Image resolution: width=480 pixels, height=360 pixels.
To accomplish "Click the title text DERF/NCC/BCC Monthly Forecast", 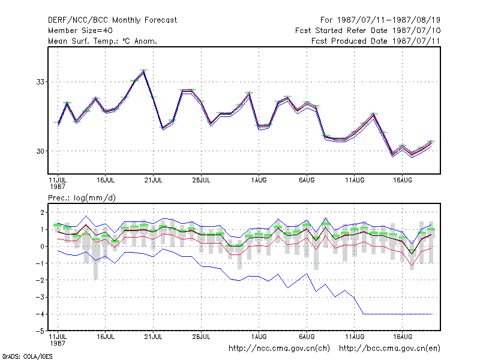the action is click(112, 20).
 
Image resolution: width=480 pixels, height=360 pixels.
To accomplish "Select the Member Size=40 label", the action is click(80, 31).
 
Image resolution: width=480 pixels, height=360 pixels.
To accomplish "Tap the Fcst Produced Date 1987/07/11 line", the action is click(376, 41).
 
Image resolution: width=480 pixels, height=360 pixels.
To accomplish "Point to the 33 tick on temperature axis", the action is click(40, 82).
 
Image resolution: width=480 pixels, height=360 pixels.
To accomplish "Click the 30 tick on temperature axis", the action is click(40, 151).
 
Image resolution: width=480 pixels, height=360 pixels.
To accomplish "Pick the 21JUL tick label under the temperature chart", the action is click(153, 181).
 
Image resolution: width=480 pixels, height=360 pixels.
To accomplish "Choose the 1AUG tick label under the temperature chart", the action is click(259, 181).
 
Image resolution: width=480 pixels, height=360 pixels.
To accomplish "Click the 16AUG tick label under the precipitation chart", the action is click(402, 337).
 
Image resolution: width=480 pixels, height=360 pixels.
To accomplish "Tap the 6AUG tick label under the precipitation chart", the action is click(307, 337).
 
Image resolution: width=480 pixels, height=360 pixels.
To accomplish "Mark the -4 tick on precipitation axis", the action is click(40, 314).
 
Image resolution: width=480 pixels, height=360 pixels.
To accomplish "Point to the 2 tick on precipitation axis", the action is click(42, 212).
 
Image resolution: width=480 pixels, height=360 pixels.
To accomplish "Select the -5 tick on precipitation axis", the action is click(40, 331).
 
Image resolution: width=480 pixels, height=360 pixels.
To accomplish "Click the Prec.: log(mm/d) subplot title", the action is click(82, 198).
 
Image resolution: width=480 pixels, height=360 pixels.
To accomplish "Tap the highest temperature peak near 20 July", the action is click(143, 71).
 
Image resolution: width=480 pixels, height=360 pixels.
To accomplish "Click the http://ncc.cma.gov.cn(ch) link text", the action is click(279, 349).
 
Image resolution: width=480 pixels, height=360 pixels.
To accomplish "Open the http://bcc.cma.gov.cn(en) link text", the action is click(389, 349).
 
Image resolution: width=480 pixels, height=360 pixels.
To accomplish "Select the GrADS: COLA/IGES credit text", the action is click(27, 356).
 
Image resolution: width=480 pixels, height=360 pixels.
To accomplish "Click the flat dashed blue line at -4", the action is click(397, 314).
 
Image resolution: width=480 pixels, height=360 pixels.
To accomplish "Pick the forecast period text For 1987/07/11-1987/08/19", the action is click(380, 20).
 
